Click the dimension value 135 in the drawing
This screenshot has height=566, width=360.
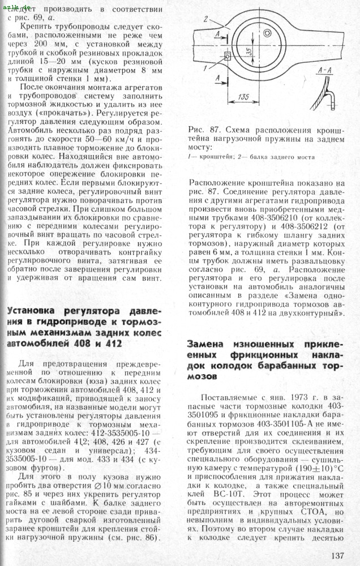pyautogui.click(x=243, y=97)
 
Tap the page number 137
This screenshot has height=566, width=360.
pyautogui.click(x=337, y=555)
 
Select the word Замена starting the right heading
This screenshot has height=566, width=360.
pyautogui.click(x=207, y=344)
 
